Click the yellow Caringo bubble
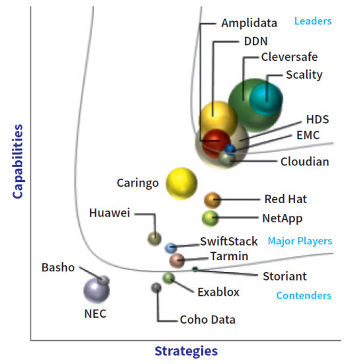click(x=181, y=183)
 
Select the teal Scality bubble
click(x=266, y=99)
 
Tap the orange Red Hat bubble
click(x=212, y=200)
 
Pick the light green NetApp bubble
click(x=210, y=218)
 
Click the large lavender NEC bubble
click(x=97, y=290)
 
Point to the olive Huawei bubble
click(x=154, y=238)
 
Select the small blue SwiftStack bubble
click(x=171, y=248)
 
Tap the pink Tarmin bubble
click(x=177, y=261)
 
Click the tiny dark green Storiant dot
click(x=195, y=269)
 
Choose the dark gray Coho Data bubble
click(x=156, y=288)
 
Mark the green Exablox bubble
click(x=169, y=278)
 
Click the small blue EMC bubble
click(x=230, y=150)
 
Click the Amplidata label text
click(x=249, y=23)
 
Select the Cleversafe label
click(x=289, y=57)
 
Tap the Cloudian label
click(x=305, y=161)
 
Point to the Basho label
click(x=58, y=267)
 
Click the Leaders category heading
click(x=313, y=21)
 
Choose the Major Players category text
click(x=300, y=241)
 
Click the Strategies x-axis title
click(x=186, y=351)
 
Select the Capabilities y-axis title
click(x=18, y=161)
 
